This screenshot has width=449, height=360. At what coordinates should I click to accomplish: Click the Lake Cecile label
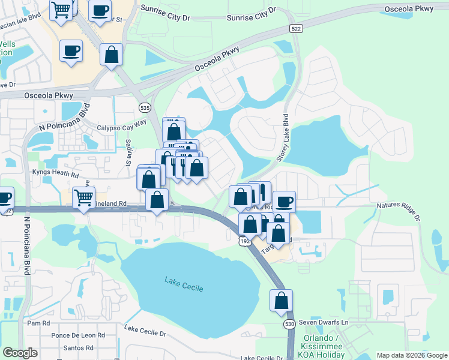pyautogui.click(x=185, y=284)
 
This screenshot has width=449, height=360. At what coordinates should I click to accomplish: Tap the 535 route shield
pyautogui.click(x=143, y=107)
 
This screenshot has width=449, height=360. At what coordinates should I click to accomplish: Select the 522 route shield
pyautogui.click(x=294, y=28)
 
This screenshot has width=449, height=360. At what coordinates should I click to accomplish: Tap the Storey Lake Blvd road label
pyautogui.click(x=282, y=137)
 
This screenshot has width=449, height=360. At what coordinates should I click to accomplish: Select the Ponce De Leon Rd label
pyautogui.click(x=79, y=335)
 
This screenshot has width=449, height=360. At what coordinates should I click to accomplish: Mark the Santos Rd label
pyautogui.click(x=80, y=347)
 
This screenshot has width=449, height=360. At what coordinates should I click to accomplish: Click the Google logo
pyautogui.click(x=20, y=353)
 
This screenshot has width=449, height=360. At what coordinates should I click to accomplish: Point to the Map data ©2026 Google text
pyautogui.click(x=412, y=355)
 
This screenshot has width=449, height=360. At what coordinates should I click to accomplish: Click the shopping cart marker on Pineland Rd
pyautogui.click(x=83, y=197)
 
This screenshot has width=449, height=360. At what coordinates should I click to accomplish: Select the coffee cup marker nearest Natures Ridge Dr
pyautogui.click(x=284, y=200)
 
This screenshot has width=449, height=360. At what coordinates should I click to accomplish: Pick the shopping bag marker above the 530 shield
pyautogui.click(x=281, y=300)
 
